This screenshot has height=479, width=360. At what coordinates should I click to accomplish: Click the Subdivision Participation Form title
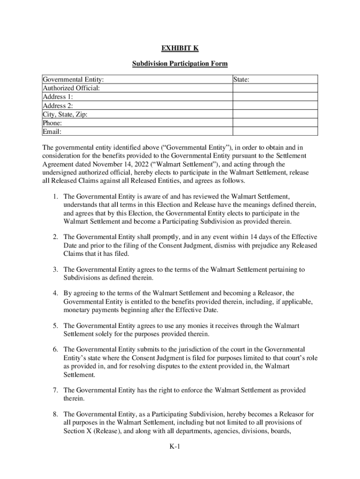180,63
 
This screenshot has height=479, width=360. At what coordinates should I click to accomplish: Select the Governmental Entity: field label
73,80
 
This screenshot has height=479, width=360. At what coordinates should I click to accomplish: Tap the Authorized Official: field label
71,88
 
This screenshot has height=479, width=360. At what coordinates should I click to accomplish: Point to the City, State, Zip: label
65,114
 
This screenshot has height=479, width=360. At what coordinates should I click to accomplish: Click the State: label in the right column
241,80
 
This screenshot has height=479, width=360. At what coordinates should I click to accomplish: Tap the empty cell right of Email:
275,131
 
